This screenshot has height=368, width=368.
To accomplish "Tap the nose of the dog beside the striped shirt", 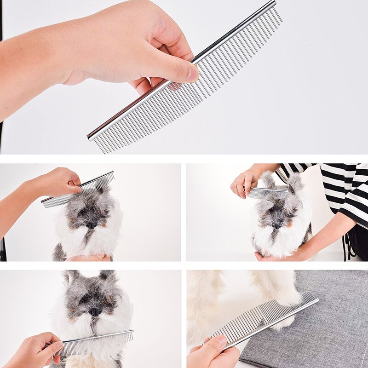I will [277, 225].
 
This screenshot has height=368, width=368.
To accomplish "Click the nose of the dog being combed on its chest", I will [95, 311].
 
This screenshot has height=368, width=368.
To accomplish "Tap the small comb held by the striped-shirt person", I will [267, 191].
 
